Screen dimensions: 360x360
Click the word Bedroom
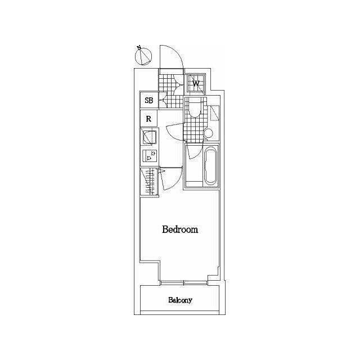pyautogui.click(x=180, y=229)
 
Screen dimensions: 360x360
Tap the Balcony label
pyautogui.click(x=180, y=300)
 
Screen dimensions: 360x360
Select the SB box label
pyautogui.click(x=149, y=101)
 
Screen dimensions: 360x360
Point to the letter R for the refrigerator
pyautogui.click(x=149, y=119)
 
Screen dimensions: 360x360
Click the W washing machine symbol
pyautogui.click(x=196, y=83)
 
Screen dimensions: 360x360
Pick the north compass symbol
pyautogui.click(x=144, y=56)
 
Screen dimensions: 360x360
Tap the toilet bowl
pyautogui.click(x=194, y=107)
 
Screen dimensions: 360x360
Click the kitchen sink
pyautogui.click(x=149, y=137)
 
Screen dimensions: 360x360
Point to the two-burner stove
pyautogui.click(x=150, y=156)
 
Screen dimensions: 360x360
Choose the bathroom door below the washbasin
pyautogui.click(x=191, y=151)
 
